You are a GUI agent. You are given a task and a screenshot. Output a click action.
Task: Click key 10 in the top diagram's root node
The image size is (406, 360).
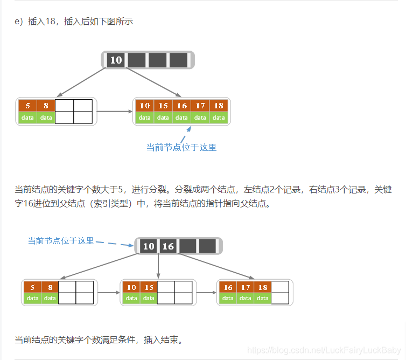116,60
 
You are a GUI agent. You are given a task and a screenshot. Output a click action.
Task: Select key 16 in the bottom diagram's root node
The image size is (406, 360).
168,246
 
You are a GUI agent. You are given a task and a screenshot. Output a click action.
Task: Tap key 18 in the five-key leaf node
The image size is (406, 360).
219,106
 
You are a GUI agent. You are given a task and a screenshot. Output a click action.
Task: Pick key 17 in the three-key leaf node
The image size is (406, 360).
246,287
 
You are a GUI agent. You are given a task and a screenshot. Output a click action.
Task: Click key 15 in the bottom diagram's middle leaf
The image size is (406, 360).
149,287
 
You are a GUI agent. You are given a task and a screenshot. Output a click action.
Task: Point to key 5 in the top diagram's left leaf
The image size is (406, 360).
27,106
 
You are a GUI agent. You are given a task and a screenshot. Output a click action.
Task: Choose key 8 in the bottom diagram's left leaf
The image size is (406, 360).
50,287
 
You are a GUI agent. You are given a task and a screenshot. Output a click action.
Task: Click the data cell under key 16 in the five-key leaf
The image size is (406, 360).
182,117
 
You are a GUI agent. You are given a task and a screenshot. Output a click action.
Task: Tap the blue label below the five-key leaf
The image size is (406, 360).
181,147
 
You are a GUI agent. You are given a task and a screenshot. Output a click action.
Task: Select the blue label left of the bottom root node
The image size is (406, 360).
61,241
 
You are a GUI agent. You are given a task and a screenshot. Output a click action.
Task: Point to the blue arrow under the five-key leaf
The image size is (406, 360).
185,133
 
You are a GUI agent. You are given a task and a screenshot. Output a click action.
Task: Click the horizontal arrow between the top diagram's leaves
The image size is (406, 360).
115,112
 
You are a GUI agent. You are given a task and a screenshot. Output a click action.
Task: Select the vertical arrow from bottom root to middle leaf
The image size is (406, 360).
158,266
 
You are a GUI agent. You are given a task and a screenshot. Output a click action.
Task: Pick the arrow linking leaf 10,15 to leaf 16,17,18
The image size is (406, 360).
205,293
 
